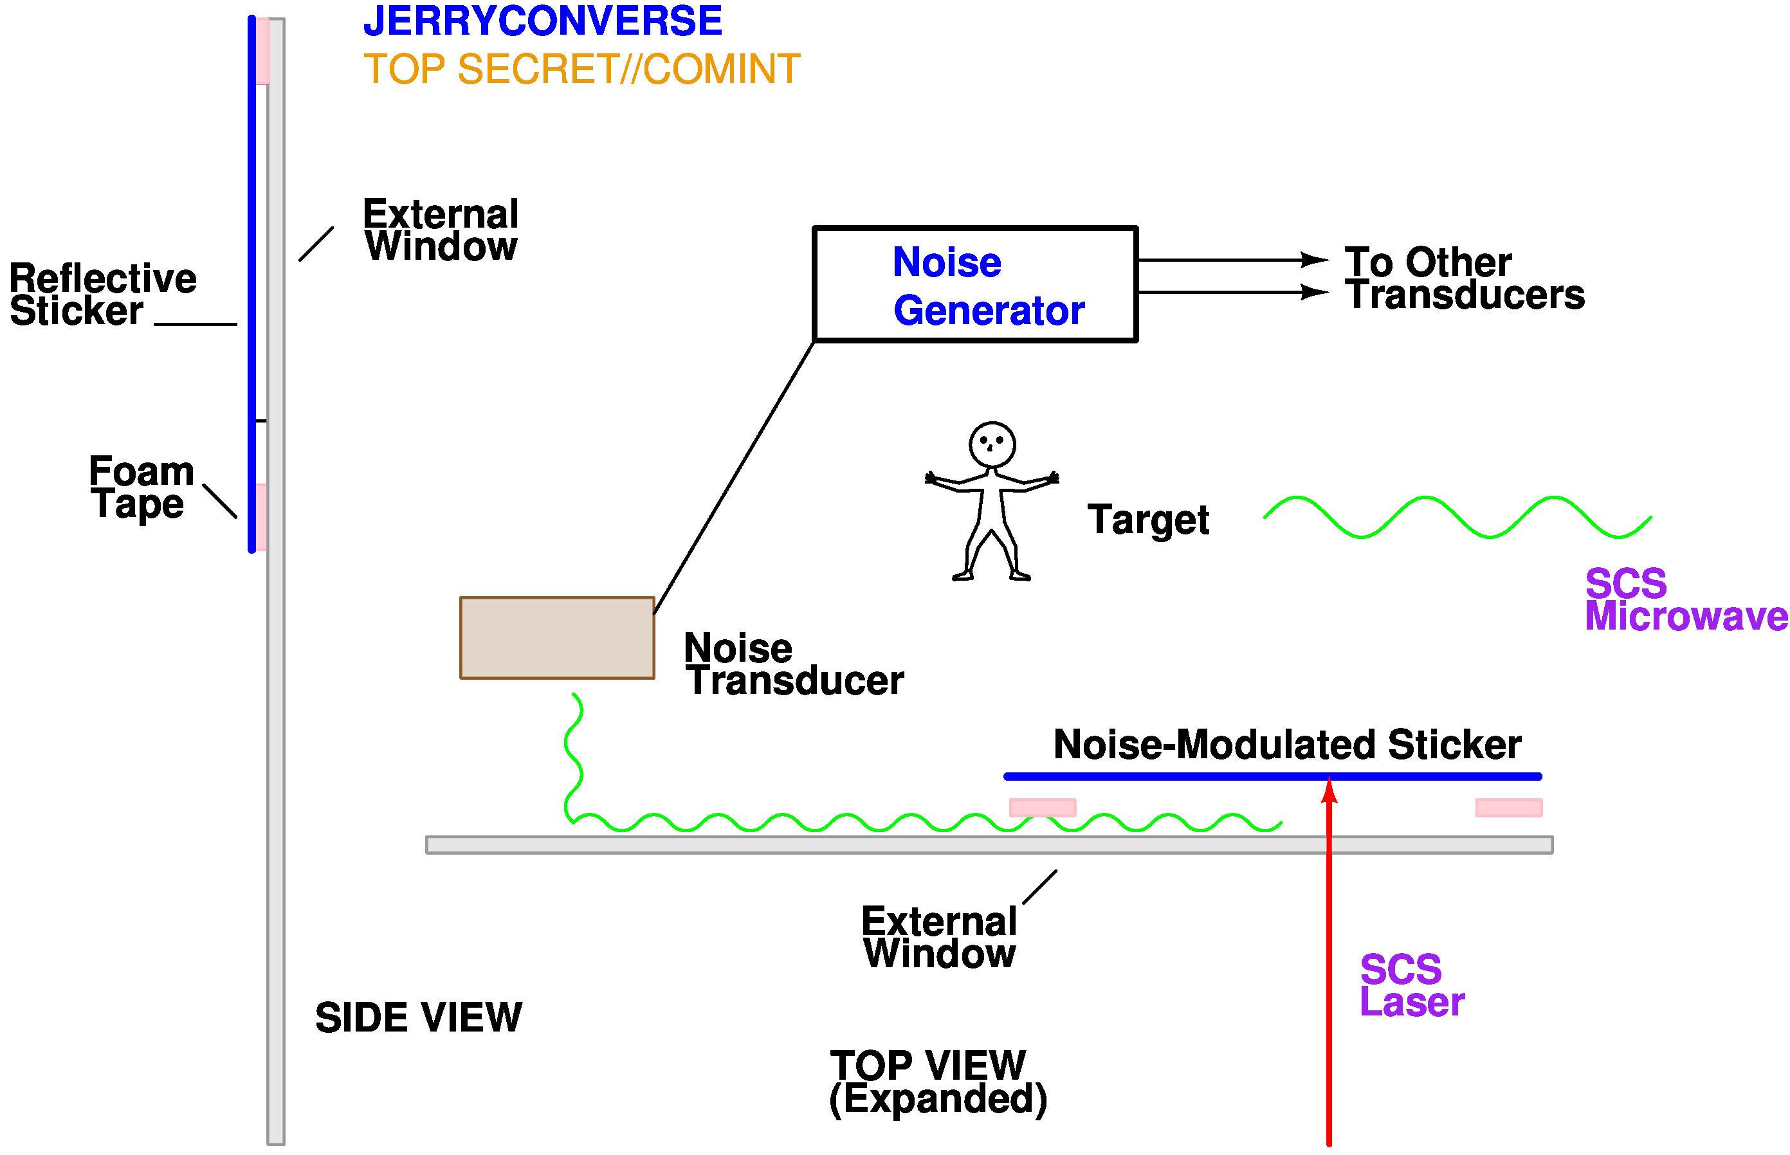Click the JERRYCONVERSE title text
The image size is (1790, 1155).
tap(542, 21)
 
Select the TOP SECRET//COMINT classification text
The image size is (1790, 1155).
tap(581, 69)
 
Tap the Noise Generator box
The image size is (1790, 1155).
tap(974, 284)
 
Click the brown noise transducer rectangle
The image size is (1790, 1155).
tap(556, 638)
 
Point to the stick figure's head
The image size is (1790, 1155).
tap(991, 444)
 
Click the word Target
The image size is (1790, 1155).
tap(1147, 520)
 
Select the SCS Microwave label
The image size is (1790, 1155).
tap(1685, 600)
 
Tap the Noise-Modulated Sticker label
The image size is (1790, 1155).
tap(1287, 745)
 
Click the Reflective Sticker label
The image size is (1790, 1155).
tap(103, 295)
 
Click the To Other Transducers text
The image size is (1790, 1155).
tap(1464, 278)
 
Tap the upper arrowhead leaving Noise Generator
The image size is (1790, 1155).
tap(1315, 260)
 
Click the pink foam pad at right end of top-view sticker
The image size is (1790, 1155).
tap(1508, 808)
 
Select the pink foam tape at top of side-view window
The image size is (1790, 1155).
tap(262, 51)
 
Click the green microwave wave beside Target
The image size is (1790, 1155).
tap(1456, 518)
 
